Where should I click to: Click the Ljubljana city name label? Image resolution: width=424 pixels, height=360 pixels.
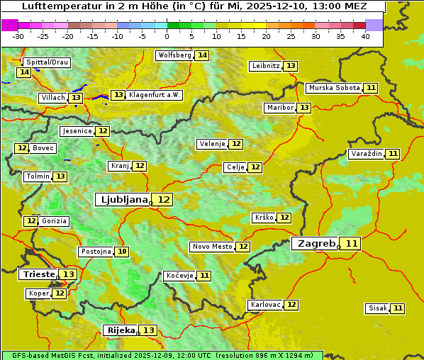122,199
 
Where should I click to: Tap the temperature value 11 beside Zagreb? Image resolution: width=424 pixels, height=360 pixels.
352,244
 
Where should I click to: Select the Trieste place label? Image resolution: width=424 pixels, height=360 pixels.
39,274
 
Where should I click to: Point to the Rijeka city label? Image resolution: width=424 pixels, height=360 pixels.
120,330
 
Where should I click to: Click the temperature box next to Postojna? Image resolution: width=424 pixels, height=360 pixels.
122,252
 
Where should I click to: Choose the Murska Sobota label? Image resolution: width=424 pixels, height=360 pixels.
334,88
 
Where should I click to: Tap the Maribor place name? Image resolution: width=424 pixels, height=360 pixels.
279,108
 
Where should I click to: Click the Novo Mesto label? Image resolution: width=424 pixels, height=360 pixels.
212,247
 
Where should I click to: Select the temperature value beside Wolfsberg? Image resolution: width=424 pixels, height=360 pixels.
202,55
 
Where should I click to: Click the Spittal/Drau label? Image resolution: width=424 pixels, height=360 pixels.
47,62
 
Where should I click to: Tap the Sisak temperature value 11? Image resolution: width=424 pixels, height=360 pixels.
398,308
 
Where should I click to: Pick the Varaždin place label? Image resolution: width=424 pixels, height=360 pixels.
366,154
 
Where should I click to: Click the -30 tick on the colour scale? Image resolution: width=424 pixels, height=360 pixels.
18,36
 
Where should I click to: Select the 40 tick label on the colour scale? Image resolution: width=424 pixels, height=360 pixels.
365,36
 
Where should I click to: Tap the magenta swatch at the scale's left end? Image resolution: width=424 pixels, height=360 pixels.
9,25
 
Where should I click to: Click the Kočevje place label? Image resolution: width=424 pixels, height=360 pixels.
179,276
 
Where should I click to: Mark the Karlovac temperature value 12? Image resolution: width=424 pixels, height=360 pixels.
291,305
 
